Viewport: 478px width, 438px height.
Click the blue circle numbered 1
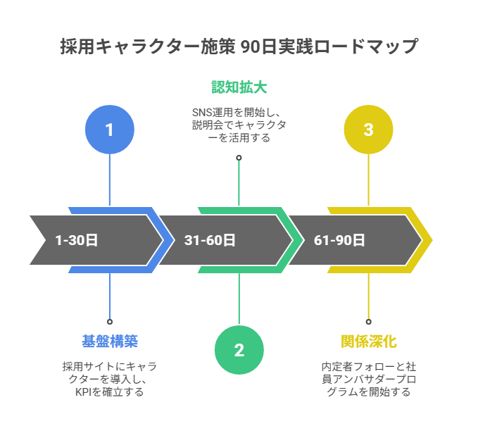[109, 130]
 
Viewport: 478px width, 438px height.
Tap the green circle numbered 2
[239, 350]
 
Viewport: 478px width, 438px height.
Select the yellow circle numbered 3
[368, 130]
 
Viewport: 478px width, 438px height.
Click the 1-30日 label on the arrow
[76, 240]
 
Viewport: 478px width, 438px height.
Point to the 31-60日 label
[209, 240]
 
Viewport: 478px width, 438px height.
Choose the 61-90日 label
[339, 240]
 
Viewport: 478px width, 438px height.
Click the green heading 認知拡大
[239, 87]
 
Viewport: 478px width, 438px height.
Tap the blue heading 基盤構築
[109, 342]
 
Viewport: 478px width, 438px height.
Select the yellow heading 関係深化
[368, 342]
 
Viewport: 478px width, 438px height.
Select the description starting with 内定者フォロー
[368, 379]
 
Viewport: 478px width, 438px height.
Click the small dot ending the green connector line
[239, 158]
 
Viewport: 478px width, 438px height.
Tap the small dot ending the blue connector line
[109, 322]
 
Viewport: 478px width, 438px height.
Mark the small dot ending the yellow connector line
[368, 322]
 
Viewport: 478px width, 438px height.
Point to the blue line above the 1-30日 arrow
[109, 180]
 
